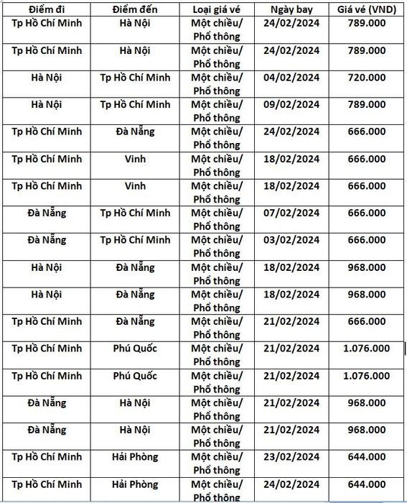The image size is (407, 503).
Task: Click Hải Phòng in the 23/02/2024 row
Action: coord(136,456)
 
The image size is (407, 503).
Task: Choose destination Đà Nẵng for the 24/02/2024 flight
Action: coord(136,131)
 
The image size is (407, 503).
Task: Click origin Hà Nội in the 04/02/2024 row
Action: coord(47,77)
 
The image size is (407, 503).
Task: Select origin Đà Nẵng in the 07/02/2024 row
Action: coord(47,213)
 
